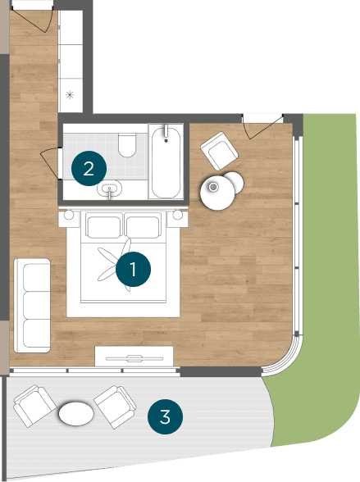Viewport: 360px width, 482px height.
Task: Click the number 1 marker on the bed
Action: click(x=134, y=268)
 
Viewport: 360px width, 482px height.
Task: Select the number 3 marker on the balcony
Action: click(x=165, y=416)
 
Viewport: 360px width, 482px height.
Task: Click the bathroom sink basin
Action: click(x=110, y=191)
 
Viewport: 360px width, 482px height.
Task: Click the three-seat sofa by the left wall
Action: click(x=31, y=303)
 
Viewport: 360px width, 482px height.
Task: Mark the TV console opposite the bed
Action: click(x=134, y=357)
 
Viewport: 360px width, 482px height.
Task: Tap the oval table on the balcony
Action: click(x=75, y=413)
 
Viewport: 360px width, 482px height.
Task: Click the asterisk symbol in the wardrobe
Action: click(x=70, y=95)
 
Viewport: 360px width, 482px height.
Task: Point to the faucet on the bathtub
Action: click(x=166, y=132)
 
